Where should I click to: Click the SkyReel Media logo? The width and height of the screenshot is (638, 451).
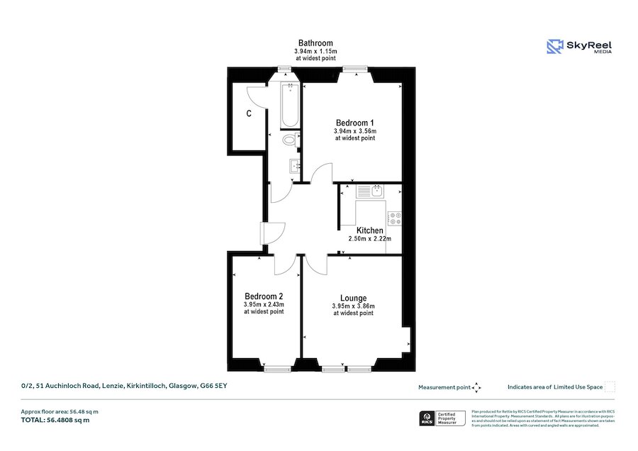tap(579, 47)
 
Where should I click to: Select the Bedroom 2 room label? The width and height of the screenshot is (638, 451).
tap(264, 296)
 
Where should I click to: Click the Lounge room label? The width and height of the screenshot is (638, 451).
tap(353, 297)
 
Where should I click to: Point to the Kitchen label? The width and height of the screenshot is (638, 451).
tap(369, 230)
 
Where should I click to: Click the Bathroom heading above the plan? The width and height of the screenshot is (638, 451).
tap(315, 43)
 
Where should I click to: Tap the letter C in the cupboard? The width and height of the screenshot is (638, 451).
tap(249, 113)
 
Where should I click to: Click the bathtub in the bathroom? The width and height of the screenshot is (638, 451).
tap(289, 107)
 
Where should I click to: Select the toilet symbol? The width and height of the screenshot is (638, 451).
tap(289, 140)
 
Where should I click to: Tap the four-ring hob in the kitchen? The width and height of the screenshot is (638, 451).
tap(394, 218)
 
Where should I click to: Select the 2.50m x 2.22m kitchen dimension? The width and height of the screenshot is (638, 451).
tap(369, 240)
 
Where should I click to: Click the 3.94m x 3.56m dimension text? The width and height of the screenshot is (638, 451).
tap(354, 131)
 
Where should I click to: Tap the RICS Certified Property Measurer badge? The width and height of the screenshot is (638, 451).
tap(443, 418)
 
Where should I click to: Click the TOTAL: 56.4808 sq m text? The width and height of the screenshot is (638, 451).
tap(55, 420)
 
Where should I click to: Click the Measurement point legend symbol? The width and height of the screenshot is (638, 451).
tap(476, 387)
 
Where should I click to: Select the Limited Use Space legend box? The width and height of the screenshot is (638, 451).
tap(610, 387)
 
